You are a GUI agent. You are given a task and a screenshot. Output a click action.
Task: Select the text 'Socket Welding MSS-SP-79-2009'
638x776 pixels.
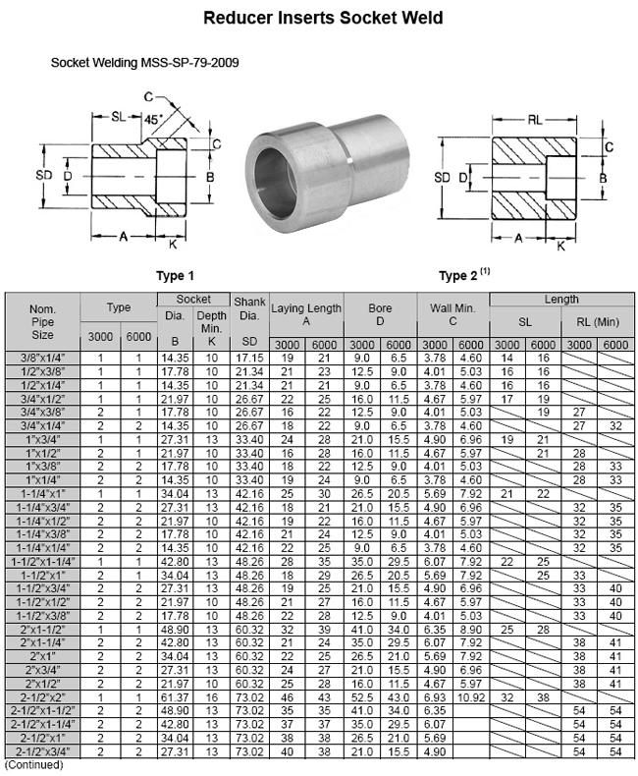click(x=144, y=62)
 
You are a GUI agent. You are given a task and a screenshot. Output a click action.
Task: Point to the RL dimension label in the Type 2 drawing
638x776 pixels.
click(x=535, y=119)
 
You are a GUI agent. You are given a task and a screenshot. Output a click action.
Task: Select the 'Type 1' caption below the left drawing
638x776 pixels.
click(x=175, y=275)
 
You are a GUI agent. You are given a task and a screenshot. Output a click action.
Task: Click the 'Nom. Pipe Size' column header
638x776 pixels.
click(x=42, y=321)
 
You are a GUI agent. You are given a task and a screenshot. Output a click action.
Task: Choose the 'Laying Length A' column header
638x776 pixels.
click(x=306, y=314)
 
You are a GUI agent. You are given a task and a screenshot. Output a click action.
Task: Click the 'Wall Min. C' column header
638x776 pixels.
click(x=452, y=314)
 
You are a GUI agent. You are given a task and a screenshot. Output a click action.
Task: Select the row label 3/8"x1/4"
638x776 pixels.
click(x=42, y=359)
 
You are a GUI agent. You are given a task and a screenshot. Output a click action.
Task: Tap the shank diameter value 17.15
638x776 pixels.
click(x=249, y=359)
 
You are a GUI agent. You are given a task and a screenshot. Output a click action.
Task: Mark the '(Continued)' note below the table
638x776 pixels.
click(x=34, y=764)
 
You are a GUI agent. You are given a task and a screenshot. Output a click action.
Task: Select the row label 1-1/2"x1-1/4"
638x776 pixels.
click(x=42, y=561)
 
